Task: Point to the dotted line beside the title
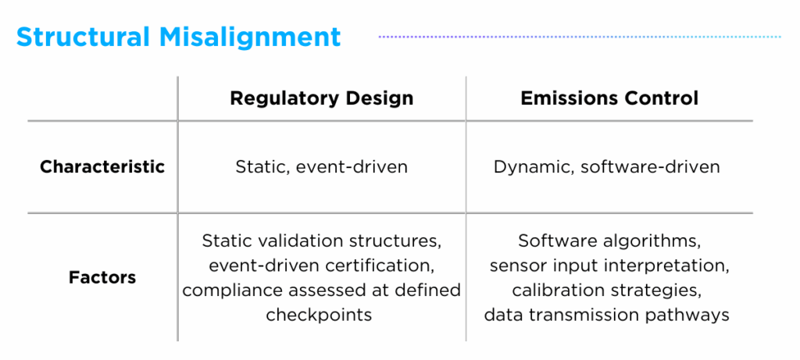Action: (579, 36)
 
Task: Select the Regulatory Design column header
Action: (321, 98)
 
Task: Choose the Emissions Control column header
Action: (609, 98)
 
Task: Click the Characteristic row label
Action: (102, 166)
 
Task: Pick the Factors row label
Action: (102, 277)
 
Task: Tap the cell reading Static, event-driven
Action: (321, 167)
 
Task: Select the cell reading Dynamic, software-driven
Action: (606, 167)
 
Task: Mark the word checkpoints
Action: (319, 315)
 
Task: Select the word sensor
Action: (515, 266)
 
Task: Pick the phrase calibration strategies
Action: (606, 290)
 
